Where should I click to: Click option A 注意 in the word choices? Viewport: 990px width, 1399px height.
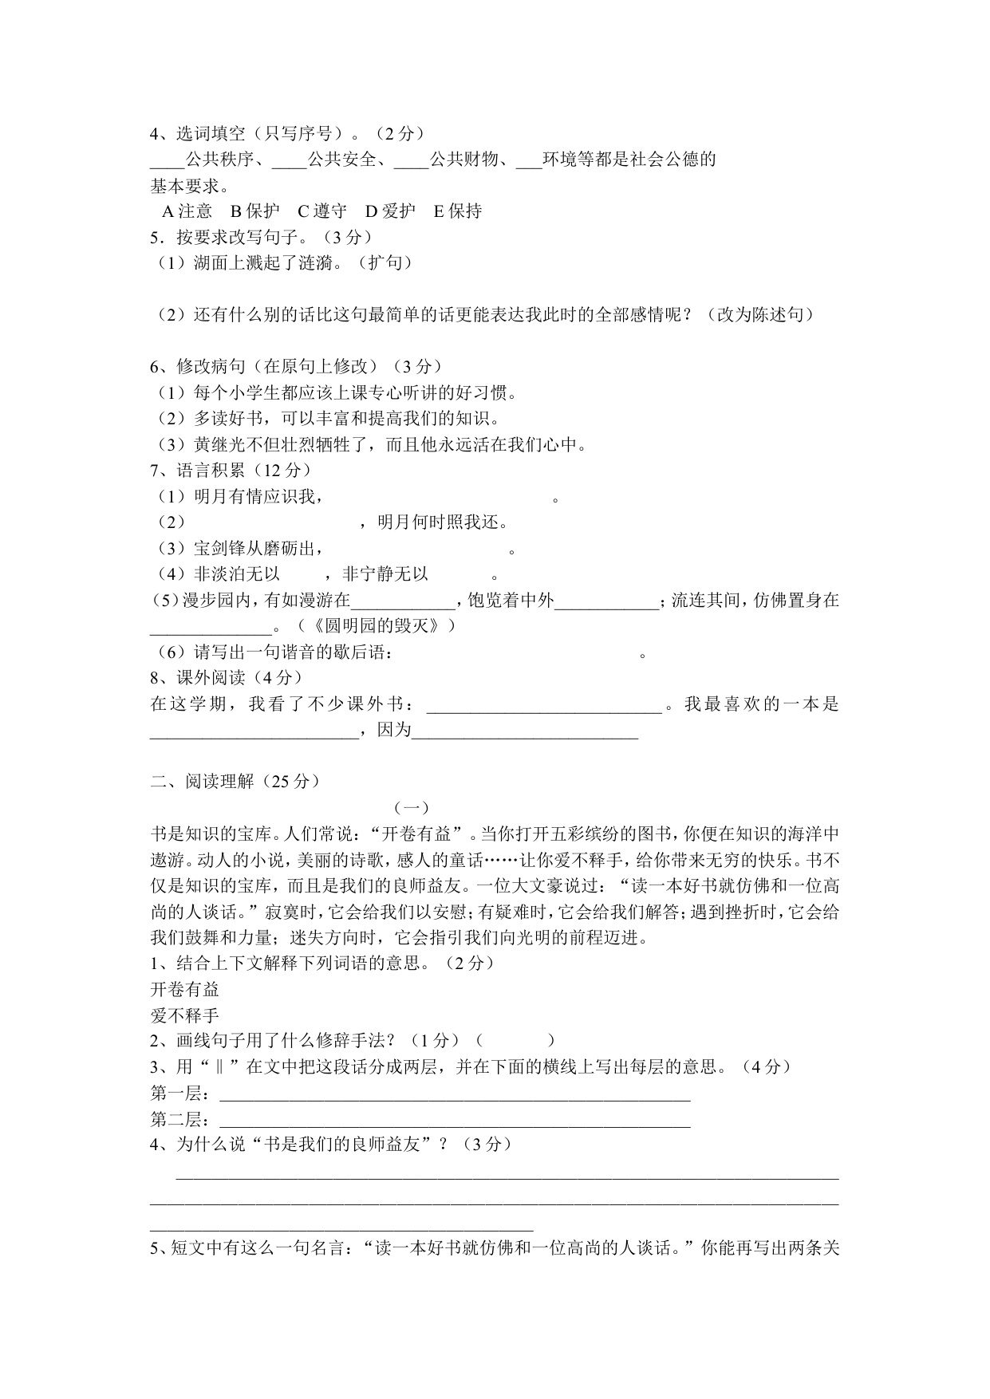coord(187,211)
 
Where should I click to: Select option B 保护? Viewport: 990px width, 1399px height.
coord(254,211)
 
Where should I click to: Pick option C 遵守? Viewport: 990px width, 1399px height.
coord(322,211)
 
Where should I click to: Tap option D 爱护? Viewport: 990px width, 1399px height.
coord(390,211)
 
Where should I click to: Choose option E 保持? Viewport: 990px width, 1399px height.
coord(458,211)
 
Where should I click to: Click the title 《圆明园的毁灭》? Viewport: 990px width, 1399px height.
coord(393,625)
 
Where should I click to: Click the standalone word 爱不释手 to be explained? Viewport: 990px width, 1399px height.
coord(184,1015)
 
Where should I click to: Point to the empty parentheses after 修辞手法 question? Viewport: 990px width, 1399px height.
coord(515,1040)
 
